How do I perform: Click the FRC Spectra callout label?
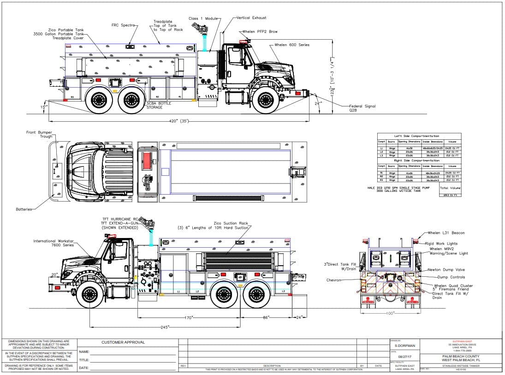[124, 25]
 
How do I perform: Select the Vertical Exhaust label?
[251, 18]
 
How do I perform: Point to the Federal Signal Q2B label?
[362, 108]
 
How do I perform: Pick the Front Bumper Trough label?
[39, 135]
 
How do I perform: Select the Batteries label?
[24, 209]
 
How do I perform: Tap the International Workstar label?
[53, 243]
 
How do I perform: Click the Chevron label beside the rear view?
[333, 280]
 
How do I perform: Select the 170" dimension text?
[188, 317]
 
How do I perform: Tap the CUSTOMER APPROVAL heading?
[123, 342]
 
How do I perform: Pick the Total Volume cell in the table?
[450, 188]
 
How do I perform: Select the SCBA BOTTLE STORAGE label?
[158, 105]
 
